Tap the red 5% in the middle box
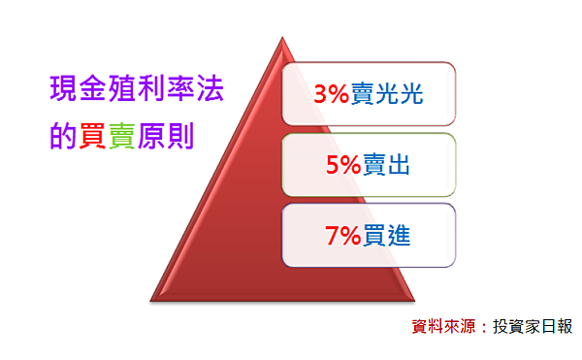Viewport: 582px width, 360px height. (x=344, y=166)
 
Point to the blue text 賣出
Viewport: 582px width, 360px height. (x=387, y=166)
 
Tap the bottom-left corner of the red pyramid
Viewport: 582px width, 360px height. (x=152, y=299)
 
